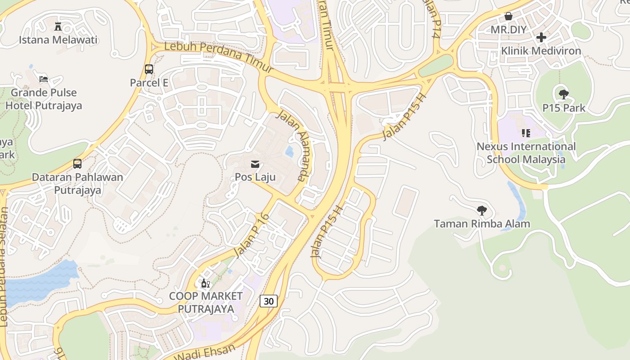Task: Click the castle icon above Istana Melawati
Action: (58, 27)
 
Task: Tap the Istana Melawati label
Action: (58, 40)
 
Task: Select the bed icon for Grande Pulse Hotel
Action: (44, 79)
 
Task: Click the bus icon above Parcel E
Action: (149, 69)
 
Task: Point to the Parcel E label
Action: (149, 83)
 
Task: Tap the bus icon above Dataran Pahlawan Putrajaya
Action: (77, 163)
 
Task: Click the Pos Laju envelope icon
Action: (255, 163)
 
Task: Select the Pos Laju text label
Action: (255, 177)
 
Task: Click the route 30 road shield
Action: (269, 301)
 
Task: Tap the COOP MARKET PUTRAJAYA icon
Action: (206, 283)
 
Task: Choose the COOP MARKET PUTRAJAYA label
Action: (206, 302)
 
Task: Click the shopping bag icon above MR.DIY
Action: (508, 17)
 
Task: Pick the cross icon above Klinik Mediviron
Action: (541, 37)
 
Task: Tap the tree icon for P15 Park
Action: (563, 94)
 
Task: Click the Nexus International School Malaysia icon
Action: (526, 133)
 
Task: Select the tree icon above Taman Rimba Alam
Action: (481, 210)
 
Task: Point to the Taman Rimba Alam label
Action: (481, 224)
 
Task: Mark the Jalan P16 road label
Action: (252, 235)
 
